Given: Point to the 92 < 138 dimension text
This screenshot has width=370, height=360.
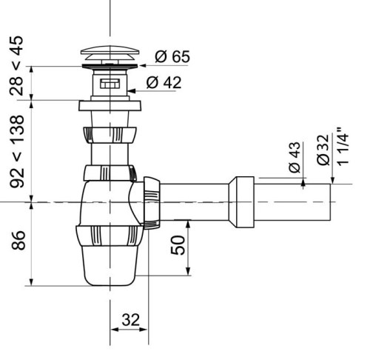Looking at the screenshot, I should (x=15, y=150).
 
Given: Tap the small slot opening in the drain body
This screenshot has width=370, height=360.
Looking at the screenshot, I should (x=110, y=84).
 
